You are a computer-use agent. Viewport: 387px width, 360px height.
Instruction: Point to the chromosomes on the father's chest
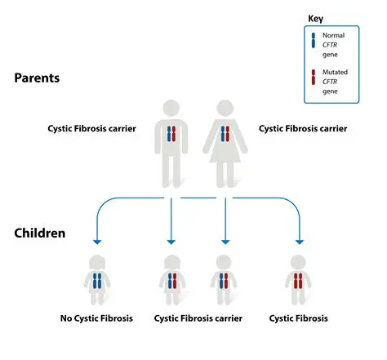171,135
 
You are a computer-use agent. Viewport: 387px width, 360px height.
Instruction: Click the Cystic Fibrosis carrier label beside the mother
302,128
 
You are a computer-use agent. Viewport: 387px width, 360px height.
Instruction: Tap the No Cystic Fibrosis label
98,318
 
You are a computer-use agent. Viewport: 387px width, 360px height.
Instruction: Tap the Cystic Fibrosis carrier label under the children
198,318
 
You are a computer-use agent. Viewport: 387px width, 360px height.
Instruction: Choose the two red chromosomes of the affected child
299,281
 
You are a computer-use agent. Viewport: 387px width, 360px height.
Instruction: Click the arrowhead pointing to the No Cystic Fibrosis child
97,242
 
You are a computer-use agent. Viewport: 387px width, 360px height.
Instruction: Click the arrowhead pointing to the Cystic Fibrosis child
299,242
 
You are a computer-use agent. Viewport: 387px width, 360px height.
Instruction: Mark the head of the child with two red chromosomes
299,264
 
